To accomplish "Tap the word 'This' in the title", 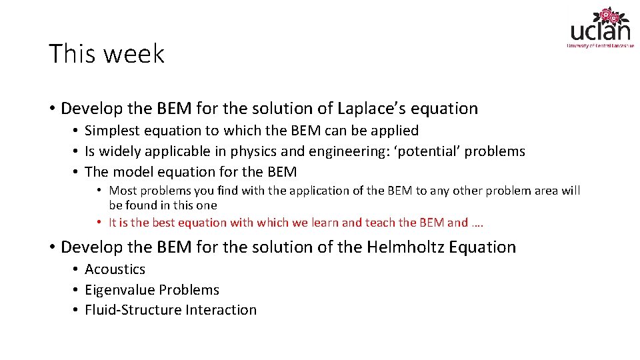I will (72, 53).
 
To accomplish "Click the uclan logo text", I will (600, 31).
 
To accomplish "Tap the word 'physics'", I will (255, 151).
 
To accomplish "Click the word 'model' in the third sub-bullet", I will (135, 172).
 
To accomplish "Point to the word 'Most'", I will (123, 191).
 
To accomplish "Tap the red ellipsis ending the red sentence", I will (477, 223).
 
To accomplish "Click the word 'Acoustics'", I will (115, 269).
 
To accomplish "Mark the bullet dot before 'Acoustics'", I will (77, 269).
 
